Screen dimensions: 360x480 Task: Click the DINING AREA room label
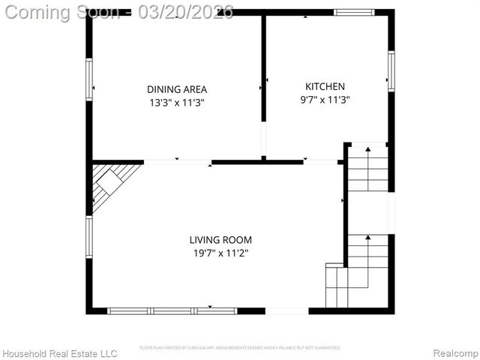177,89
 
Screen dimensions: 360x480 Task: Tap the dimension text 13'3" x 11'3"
177,103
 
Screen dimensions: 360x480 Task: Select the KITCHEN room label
325,86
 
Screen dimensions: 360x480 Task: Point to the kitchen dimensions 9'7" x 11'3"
325,99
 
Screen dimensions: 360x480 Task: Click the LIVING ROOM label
220,240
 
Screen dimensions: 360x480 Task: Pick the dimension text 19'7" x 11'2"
220,253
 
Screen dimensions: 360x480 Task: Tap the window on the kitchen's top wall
353,12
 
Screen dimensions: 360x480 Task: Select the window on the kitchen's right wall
391,71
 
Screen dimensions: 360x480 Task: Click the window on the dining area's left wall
89,79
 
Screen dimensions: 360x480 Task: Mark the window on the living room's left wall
89,237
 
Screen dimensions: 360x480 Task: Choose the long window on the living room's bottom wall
172,310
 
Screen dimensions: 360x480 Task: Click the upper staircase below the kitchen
368,169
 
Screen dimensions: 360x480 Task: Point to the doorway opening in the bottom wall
286,310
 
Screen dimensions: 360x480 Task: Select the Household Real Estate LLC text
60,353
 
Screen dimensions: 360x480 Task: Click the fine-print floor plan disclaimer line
240,348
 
